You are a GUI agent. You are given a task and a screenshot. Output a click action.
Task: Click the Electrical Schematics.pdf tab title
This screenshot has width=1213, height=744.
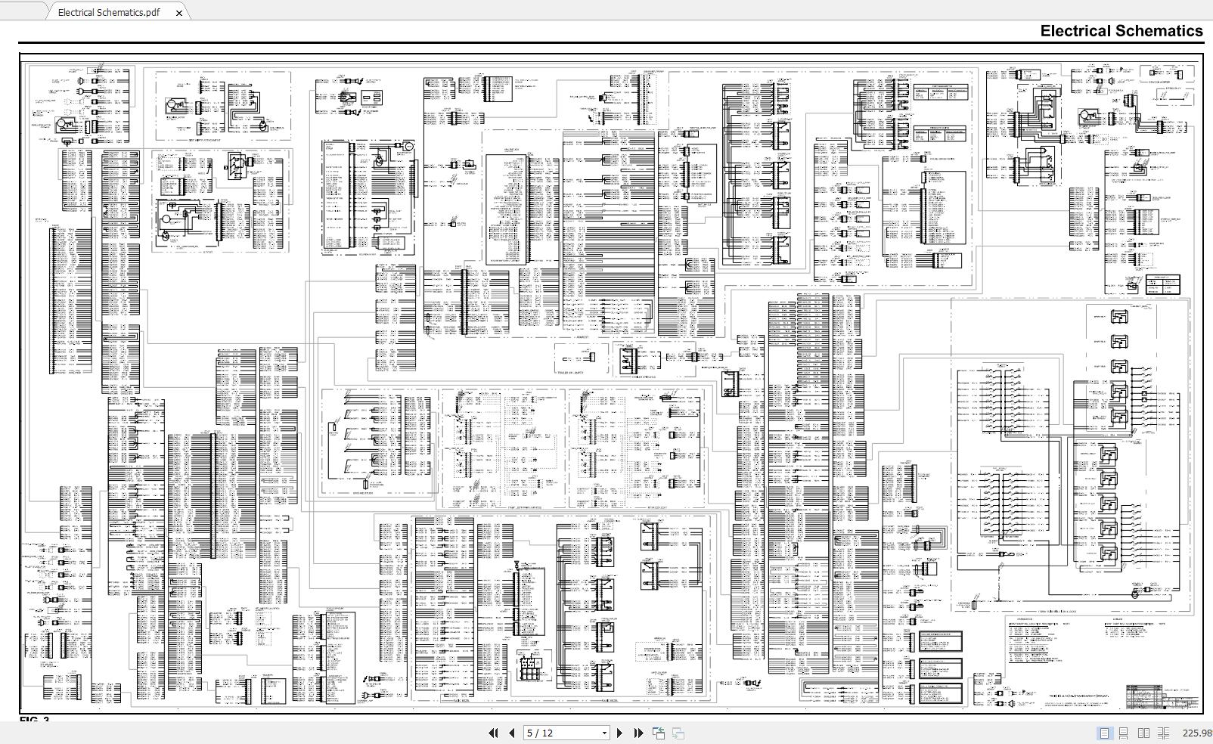point(109,12)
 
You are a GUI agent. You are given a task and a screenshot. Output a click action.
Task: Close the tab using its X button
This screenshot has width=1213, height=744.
point(179,13)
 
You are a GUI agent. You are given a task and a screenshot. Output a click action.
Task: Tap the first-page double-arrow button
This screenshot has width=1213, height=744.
point(493,733)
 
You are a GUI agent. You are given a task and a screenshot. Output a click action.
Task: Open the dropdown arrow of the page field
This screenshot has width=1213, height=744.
point(603,733)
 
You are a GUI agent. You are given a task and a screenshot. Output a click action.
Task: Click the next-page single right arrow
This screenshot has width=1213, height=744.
point(620,733)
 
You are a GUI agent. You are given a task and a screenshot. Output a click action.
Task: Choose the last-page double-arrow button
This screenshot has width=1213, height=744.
point(638,733)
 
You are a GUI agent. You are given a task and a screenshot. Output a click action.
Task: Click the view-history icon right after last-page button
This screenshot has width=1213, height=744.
point(659,733)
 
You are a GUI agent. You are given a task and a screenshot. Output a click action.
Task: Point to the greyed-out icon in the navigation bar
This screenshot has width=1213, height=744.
point(678,733)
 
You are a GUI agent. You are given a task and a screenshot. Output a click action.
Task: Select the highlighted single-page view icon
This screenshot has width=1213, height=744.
point(1105,733)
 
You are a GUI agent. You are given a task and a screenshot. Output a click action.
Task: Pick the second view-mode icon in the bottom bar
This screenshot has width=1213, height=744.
point(1124,733)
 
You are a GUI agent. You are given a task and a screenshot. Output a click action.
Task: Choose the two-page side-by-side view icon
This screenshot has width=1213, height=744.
point(1143,733)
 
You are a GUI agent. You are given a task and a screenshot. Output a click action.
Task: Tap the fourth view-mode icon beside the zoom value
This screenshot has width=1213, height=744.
point(1163,733)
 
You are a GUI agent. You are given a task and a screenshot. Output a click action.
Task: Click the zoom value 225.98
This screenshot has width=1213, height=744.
point(1197,733)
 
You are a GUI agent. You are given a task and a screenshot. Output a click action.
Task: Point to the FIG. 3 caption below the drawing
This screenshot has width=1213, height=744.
point(34,720)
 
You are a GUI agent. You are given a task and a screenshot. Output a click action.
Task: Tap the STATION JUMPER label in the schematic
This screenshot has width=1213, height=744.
point(1159,82)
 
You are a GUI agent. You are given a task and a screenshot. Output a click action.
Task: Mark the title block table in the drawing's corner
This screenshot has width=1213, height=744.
point(1162,698)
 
